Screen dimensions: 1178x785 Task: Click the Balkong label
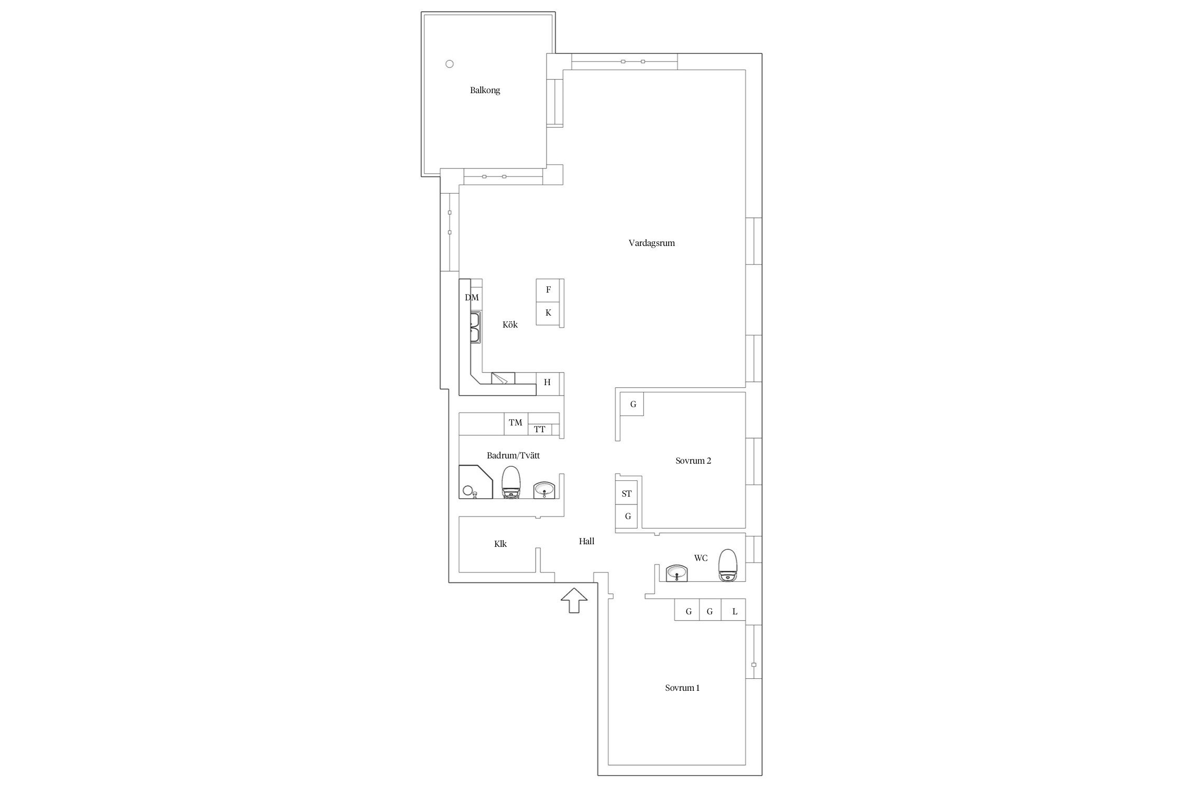point(485,91)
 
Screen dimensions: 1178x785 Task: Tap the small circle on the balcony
point(449,64)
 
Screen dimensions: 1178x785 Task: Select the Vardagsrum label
point(651,243)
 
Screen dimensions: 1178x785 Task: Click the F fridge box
point(548,290)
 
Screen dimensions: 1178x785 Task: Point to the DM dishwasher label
point(472,298)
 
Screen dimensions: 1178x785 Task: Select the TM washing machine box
point(516,423)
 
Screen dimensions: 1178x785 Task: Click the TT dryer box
point(540,430)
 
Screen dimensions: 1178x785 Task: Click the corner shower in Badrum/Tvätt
point(476,481)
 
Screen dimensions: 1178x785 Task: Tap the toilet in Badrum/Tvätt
point(512,482)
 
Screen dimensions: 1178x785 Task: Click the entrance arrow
point(574,600)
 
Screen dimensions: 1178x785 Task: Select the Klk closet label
point(501,544)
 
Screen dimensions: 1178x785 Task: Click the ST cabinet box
point(627,494)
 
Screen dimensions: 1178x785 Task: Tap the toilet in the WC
point(728,565)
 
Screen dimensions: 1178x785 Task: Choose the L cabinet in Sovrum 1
point(734,610)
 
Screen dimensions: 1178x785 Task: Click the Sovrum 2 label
point(693,461)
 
